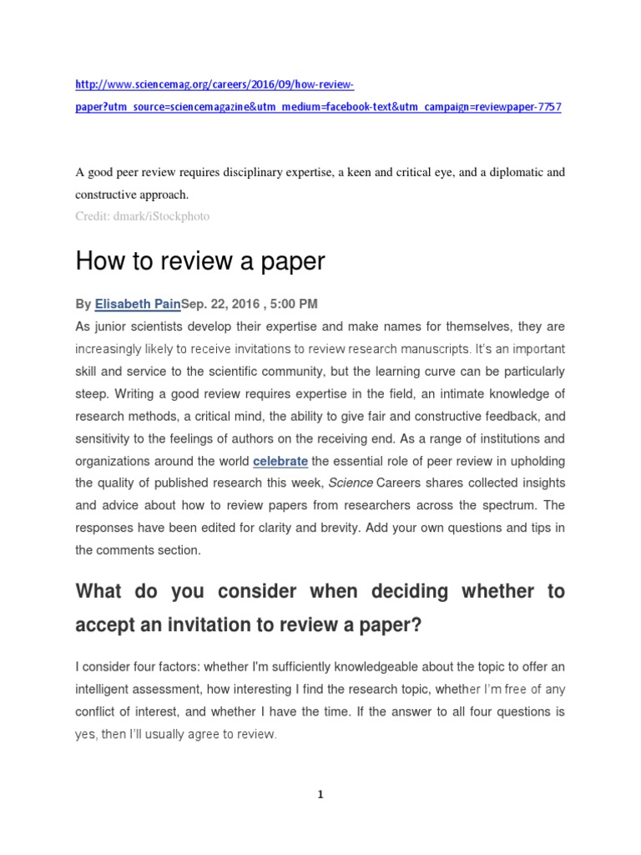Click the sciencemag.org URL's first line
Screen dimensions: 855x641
tap(215, 85)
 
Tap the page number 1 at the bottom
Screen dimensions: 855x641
tap(320, 795)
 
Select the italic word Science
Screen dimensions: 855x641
tap(351, 483)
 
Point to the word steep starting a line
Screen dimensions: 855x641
tap(93, 392)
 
